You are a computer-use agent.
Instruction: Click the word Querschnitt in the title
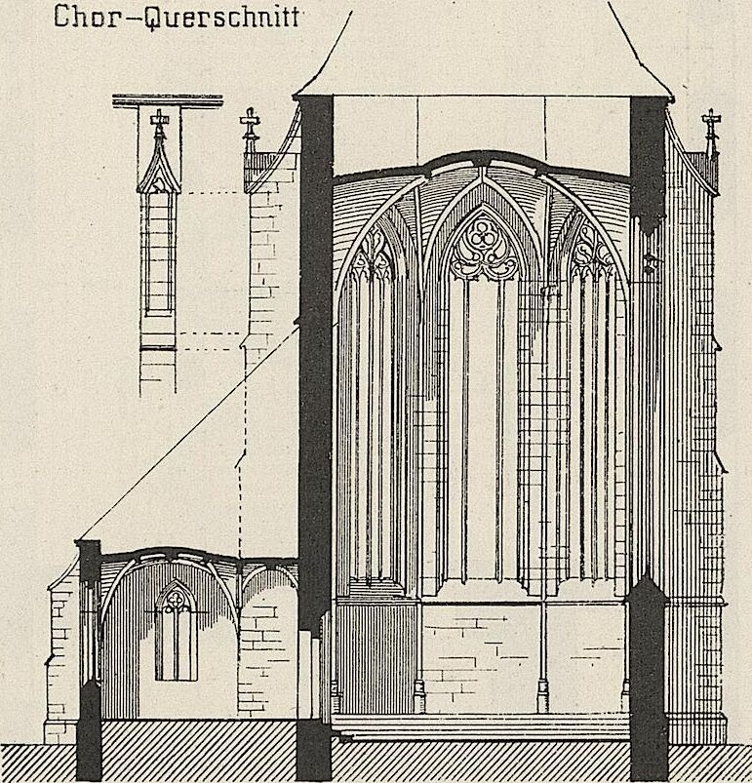pos(221,18)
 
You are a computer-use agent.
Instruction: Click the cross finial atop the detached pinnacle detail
pos(159,121)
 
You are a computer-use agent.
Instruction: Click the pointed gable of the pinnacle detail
pos(159,168)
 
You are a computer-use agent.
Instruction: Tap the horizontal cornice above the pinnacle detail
pos(168,101)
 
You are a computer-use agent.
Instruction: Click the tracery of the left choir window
pos(373,253)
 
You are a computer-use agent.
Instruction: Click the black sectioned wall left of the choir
pos(316,435)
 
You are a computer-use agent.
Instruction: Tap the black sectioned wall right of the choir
pos(649,435)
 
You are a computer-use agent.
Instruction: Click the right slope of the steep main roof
pos(639,50)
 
